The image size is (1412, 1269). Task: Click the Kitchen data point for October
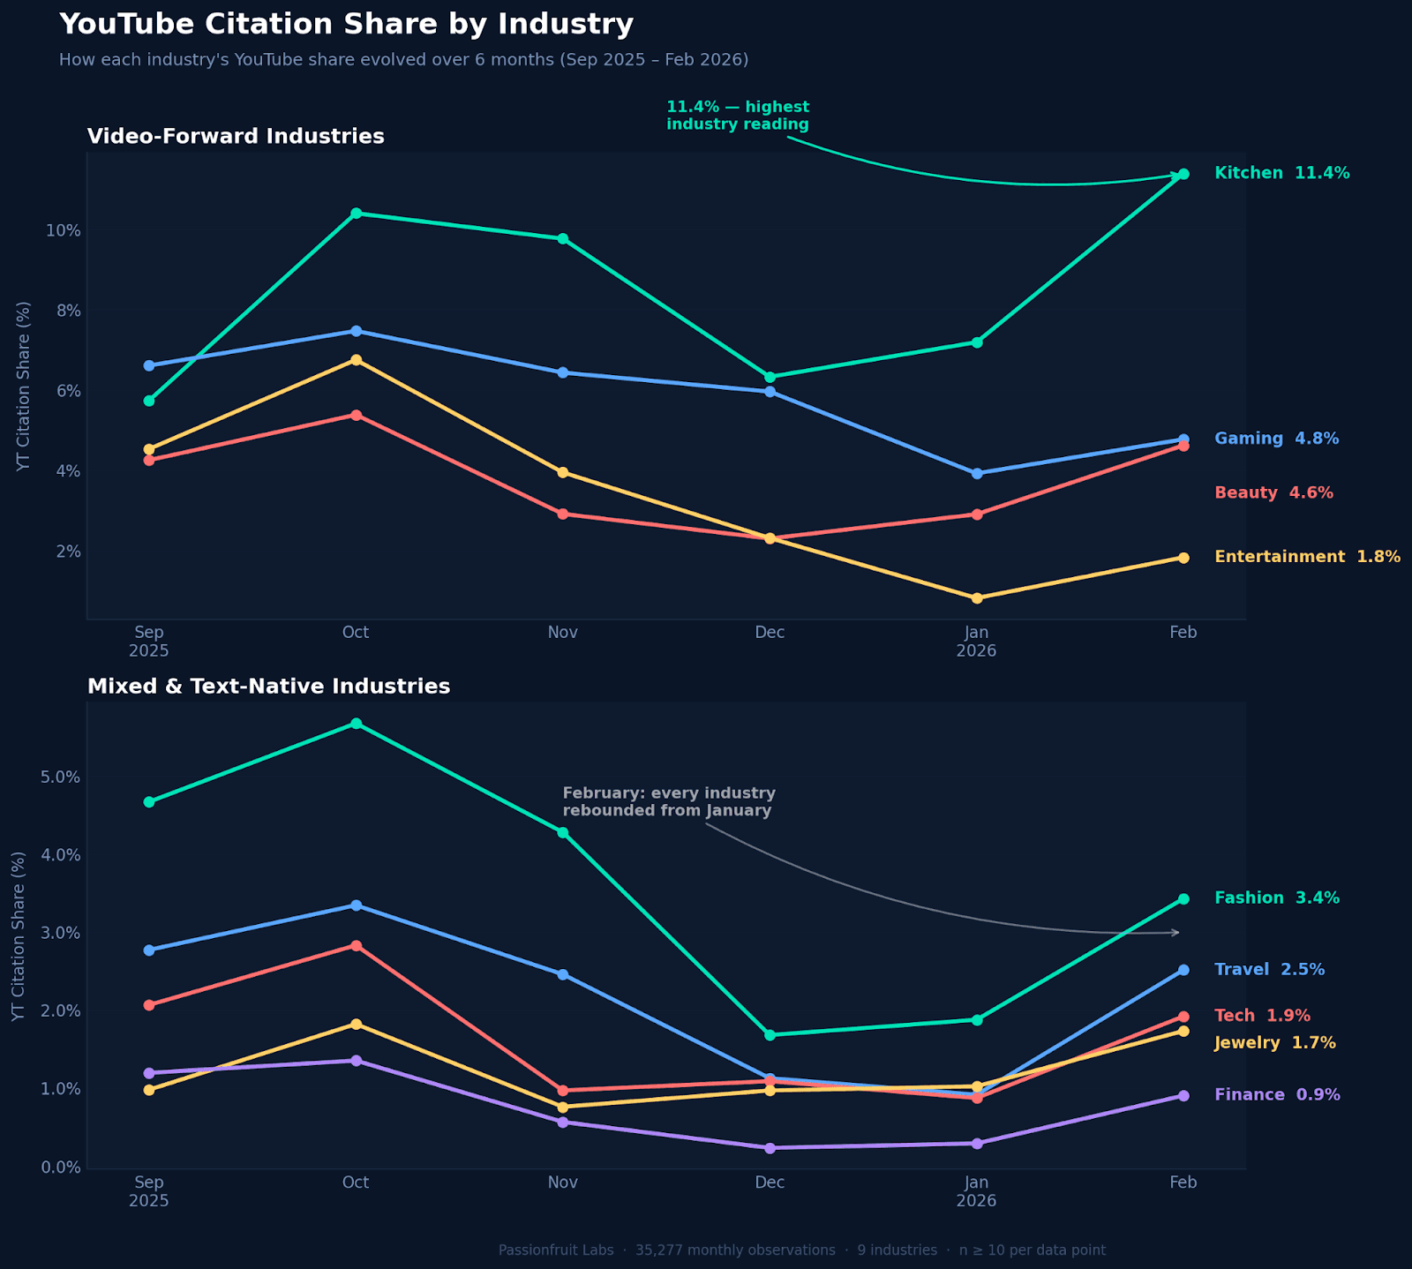[356, 214]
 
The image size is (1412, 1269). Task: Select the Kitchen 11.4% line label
[1281, 173]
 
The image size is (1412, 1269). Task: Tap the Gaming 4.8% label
[1276, 439]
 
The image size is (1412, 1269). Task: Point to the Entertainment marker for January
[977, 598]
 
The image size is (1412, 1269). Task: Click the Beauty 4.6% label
[1273, 493]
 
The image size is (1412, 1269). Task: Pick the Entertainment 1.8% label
[1307, 557]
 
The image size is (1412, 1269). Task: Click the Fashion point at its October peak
[356, 724]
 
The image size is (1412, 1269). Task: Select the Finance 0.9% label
[1277, 1095]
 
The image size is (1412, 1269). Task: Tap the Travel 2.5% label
[1269, 970]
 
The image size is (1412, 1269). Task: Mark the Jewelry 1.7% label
[1274, 1043]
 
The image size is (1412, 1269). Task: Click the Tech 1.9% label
[1262, 1016]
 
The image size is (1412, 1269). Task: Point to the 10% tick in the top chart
[63, 231]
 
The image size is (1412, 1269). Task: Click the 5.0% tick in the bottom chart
[60, 777]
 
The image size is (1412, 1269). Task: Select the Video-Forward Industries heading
[236, 137]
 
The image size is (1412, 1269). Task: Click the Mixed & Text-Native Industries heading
[268, 687]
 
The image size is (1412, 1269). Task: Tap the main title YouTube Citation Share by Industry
[346, 25]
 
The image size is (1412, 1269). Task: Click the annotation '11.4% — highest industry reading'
[737, 116]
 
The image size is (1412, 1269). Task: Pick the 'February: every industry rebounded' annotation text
[668, 801]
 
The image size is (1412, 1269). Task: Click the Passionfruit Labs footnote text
[801, 1250]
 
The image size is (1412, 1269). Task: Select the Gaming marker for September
[149, 365]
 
